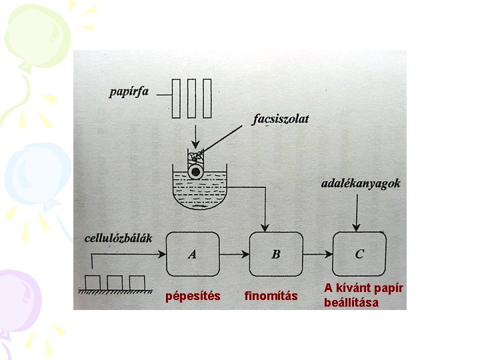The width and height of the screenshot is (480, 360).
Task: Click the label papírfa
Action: (x=129, y=92)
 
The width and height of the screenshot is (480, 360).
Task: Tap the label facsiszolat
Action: (x=281, y=119)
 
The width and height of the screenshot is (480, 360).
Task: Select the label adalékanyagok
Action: (x=360, y=183)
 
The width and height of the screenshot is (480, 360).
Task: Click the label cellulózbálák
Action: (x=119, y=237)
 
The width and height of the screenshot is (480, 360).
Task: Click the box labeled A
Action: (x=193, y=253)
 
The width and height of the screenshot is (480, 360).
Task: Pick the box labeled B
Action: (x=276, y=253)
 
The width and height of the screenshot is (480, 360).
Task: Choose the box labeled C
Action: (x=360, y=253)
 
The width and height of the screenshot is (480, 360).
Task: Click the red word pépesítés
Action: (x=193, y=296)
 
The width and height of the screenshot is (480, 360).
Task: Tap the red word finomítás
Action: (x=271, y=296)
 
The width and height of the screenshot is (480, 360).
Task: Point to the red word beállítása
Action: (x=351, y=303)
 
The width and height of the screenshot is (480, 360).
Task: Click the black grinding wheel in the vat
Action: (x=195, y=171)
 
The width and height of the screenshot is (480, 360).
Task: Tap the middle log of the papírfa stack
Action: (x=192, y=99)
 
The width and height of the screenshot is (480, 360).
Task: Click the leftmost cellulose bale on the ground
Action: (x=92, y=283)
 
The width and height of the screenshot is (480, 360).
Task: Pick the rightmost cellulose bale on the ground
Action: (x=137, y=283)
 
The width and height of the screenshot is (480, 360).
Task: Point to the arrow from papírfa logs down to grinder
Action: (x=193, y=134)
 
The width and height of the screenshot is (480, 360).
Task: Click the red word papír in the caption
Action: (x=388, y=287)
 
